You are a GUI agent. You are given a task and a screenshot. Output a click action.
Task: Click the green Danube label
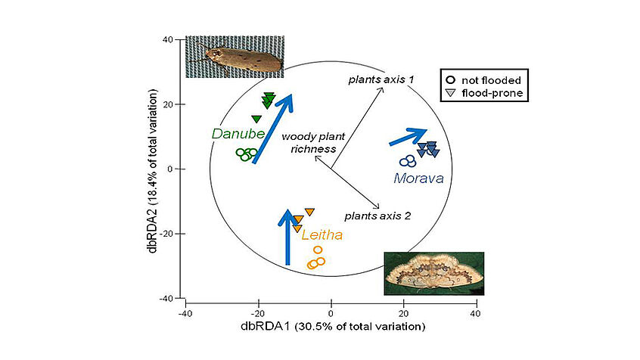(x=238, y=133)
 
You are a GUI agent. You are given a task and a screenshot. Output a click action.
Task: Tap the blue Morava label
(x=418, y=178)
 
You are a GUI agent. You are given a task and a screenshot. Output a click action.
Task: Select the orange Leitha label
(x=322, y=234)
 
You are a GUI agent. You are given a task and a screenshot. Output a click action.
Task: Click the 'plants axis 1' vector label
(x=381, y=79)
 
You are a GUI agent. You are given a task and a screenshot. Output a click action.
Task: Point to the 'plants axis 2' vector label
(x=377, y=216)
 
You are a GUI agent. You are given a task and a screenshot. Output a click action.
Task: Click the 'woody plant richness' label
(x=313, y=142)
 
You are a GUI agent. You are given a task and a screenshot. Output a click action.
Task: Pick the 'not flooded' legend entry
(x=484, y=80)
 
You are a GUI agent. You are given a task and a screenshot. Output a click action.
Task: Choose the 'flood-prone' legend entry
(x=484, y=93)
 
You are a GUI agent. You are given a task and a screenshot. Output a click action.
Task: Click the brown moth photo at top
(x=235, y=57)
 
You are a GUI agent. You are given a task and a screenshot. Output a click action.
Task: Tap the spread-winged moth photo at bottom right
(x=434, y=274)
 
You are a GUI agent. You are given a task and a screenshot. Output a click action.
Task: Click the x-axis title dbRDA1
(x=333, y=327)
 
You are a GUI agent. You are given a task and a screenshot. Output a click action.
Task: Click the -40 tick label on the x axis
(x=185, y=313)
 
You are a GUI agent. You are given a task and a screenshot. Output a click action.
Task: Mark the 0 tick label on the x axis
(x=331, y=313)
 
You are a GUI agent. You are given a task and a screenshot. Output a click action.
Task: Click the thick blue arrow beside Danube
(x=272, y=129)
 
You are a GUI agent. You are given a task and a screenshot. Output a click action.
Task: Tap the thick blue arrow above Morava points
(x=409, y=137)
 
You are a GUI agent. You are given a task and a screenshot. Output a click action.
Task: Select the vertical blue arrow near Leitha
(x=287, y=237)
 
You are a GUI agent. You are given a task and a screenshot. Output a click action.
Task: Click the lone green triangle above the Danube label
(x=256, y=119)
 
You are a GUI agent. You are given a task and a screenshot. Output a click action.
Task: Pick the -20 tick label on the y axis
(x=166, y=234)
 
